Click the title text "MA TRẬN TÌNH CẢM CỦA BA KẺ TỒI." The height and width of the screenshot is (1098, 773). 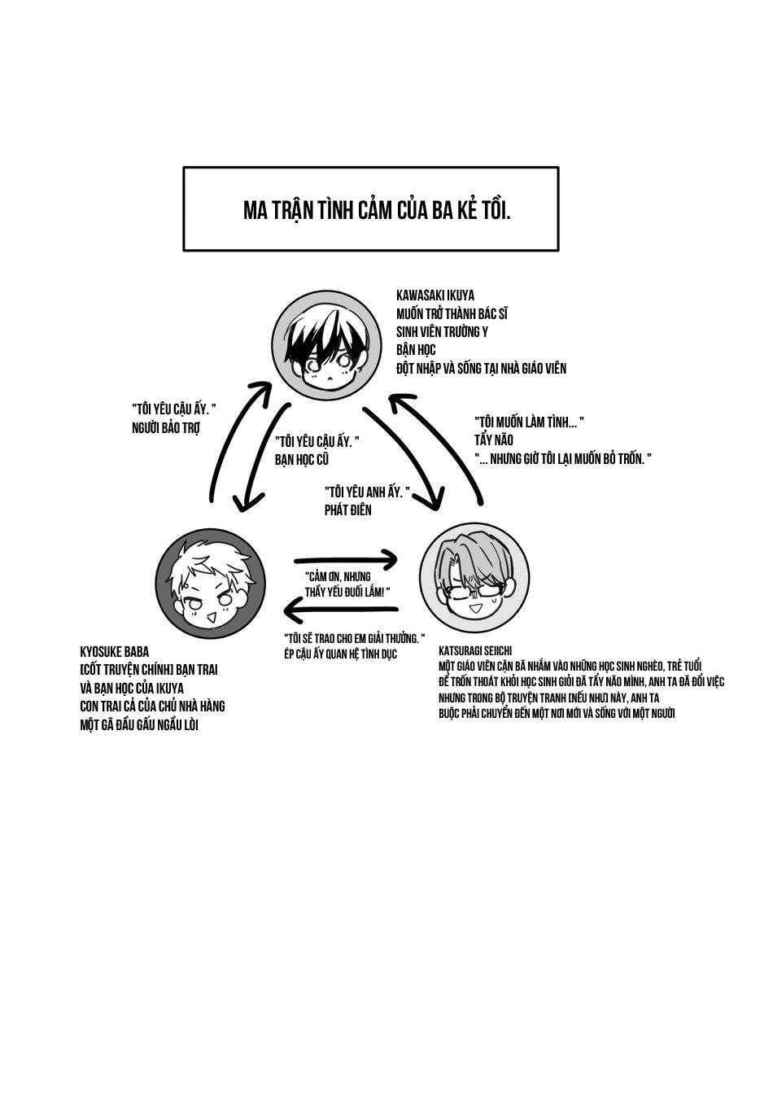click(x=377, y=210)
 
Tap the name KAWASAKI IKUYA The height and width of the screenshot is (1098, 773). click(x=435, y=295)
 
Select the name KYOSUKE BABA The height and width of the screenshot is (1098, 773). click(x=115, y=652)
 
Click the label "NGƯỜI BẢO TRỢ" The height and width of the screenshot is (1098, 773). click(x=165, y=428)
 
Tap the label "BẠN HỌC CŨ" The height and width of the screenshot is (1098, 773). click(x=302, y=459)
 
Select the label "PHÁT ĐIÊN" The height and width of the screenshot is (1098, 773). click(x=347, y=510)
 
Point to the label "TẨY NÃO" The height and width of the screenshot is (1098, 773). click(x=494, y=440)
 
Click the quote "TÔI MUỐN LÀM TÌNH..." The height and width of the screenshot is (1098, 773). click(x=529, y=422)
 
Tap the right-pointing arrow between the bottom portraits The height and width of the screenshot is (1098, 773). click(x=345, y=559)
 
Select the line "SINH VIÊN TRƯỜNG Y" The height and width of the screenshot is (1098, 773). click(x=442, y=332)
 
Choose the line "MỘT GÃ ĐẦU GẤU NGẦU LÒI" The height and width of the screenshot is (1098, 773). click(x=139, y=724)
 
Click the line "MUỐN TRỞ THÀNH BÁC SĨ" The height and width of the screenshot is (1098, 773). click(x=452, y=314)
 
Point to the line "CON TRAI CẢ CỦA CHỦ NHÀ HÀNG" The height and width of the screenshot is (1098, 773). click(x=152, y=706)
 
